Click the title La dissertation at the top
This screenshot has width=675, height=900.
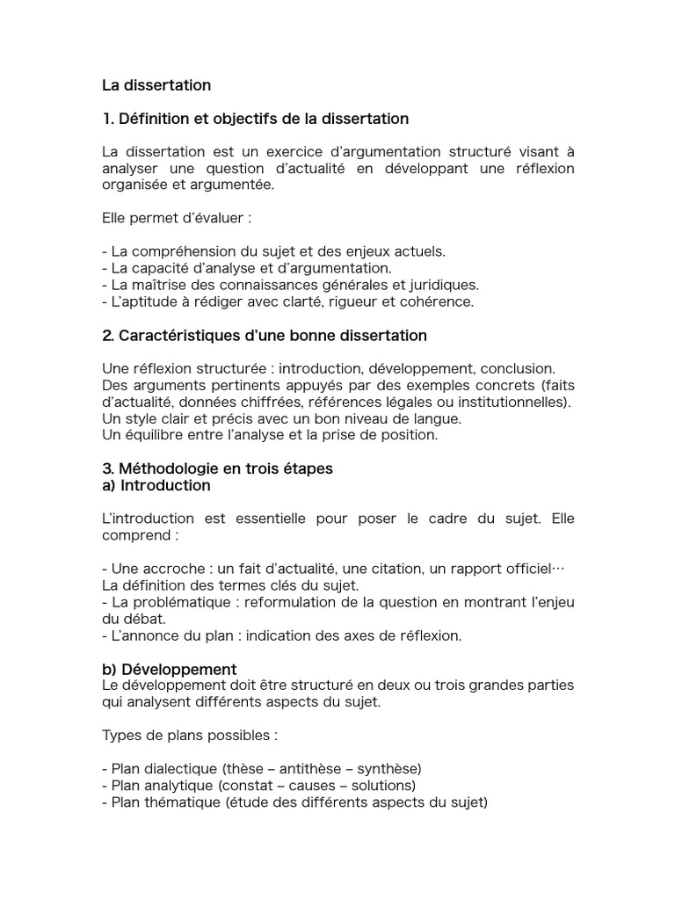[156, 85]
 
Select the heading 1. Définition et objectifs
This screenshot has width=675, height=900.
[255, 118]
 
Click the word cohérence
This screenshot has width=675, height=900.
[440, 301]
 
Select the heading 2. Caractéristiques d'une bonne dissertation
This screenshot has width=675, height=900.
[265, 335]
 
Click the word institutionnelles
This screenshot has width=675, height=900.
[515, 402]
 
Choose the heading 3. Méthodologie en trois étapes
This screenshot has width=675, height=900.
[217, 468]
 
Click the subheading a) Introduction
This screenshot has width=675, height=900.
[156, 485]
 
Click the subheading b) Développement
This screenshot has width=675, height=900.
[169, 669]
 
